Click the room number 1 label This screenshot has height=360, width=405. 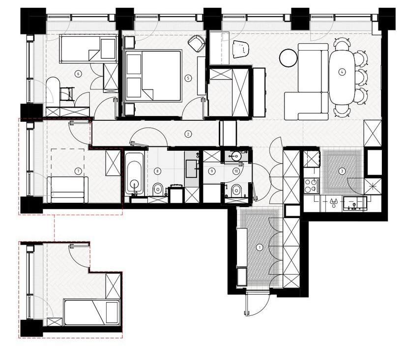pyautogui.click(x=260, y=248)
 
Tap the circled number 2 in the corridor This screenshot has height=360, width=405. pyautogui.click(x=188, y=134)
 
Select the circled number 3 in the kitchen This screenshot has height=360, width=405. pyautogui.click(x=342, y=171)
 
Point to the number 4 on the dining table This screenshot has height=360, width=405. pyautogui.click(x=342, y=72)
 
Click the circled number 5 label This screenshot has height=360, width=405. pyautogui.click(x=188, y=78)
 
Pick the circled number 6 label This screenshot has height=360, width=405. pyautogui.click(x=78, y=74)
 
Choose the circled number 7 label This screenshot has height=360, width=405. pyautogui.click(x=78, y=171)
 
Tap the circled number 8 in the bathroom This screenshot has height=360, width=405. pyautogui.click(x=157, y=171)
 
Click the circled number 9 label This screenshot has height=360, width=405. pyautogui.click(x=212, y=171)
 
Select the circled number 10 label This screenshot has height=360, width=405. pyautogui.click(x=235, y=171)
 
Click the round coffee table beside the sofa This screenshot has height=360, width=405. pyautogui.click(x=289, y=58)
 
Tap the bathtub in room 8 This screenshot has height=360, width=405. pyautogui.click(x=134, y=173)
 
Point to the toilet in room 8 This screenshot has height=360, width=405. pyautogui.click(x=158, y=190)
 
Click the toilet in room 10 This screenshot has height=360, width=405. pyautogui.click(x=236, y=191)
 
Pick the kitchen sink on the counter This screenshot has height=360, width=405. pyautogui.click(x=355, y=203)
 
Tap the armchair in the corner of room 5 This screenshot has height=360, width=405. pyautogui.click(x=196, y=43)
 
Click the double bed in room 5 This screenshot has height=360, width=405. pyautogui.click(x=153, y=76)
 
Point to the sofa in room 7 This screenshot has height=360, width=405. pyautogui.click(x=68, y=190)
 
